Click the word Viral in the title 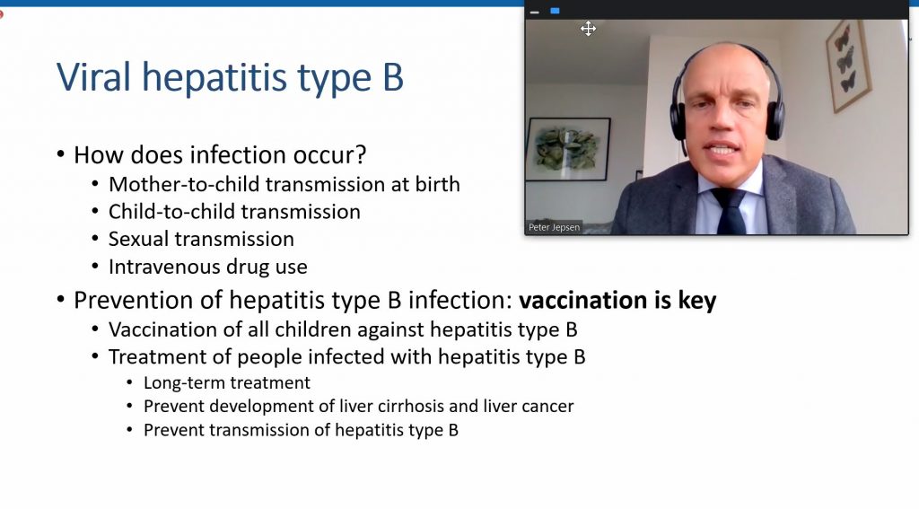[93, 77]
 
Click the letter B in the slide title [393, 77]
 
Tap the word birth [437, 184]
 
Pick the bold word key [696, 301]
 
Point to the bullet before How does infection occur [61, 154]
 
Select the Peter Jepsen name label [554, 227]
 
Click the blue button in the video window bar [555, 11]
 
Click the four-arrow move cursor [589, 28]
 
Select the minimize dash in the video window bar [535, 12]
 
